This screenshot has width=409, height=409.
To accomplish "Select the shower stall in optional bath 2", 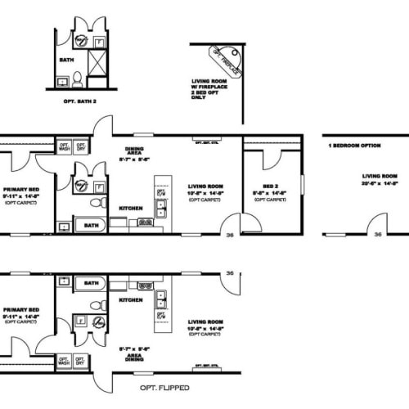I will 97,61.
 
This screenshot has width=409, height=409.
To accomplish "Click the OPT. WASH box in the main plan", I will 64,147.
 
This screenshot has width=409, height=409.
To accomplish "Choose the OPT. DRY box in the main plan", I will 81,147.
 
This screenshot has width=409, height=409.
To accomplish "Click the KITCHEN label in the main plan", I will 130,208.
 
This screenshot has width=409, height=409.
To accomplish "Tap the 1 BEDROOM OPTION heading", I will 354,146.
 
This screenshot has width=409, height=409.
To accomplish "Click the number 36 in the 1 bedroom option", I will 377,234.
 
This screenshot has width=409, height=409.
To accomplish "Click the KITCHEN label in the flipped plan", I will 130,300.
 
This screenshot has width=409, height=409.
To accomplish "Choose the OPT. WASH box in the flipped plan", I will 64,359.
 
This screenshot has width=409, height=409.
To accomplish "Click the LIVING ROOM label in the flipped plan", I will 205,322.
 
